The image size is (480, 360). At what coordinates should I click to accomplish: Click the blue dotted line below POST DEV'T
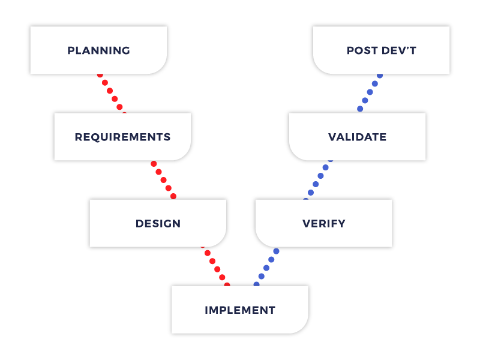pos(370,92)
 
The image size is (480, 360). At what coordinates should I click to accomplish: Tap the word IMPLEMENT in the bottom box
pos(240,310)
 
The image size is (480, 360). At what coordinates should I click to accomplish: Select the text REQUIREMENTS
pos(122,137)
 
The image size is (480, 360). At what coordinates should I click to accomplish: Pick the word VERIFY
pos(324,224)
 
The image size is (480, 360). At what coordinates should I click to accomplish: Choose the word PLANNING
pos(98,50)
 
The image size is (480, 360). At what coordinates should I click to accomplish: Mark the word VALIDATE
pos(357,137)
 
